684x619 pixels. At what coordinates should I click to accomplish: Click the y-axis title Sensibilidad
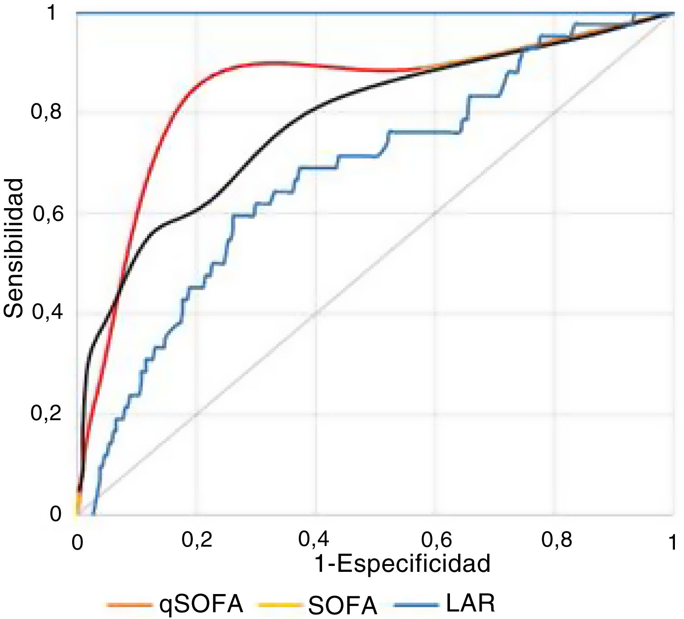(13, 249)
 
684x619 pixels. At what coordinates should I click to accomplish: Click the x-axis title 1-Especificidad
(402, 564)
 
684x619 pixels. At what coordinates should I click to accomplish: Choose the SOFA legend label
(343, 605)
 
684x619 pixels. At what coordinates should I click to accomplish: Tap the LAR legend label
(470, 603)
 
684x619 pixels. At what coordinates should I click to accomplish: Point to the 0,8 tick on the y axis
(46, 112)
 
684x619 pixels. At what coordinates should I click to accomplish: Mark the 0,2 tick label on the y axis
(46, 413)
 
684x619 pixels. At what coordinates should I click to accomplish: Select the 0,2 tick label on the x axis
(197, 540)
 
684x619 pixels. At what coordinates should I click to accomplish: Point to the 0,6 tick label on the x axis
(436, 540)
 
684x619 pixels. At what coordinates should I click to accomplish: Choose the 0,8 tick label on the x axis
(557, 540)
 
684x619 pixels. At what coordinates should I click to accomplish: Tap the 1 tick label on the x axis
(673, 541)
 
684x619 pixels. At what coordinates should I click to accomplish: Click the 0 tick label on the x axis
(78, 542)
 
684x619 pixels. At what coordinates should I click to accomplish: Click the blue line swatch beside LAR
(417, 605)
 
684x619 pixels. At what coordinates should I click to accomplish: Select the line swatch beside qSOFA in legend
(129, 605)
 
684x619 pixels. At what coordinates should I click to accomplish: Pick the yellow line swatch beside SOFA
(279, 605)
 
